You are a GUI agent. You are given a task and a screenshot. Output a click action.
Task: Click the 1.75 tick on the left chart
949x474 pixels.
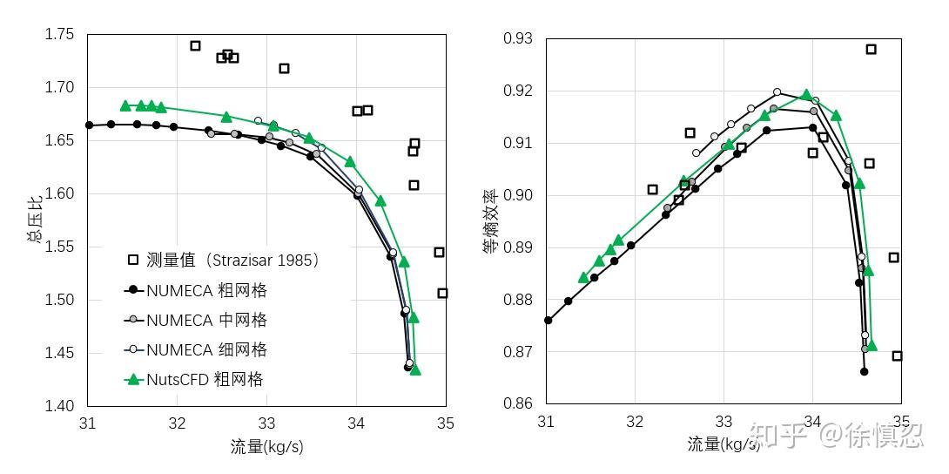click(x=60, y=35)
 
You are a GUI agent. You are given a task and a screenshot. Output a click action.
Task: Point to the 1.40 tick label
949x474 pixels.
click(x=60, y=406)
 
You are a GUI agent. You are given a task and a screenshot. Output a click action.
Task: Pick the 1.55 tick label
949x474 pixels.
click(x=60, y=247)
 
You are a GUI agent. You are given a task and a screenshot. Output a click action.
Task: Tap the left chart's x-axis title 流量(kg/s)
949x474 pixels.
click(x=267, y=447)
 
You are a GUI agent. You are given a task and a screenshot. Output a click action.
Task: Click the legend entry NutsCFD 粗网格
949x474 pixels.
click(x=205, y=379)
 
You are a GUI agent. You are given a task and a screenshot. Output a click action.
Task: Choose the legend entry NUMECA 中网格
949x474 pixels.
click(x=207, y=320)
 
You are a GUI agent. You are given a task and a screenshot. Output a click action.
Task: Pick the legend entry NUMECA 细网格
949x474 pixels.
click(x=207, y=349)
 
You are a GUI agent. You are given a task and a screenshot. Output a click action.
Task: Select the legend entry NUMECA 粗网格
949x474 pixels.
click(x=207, y=290)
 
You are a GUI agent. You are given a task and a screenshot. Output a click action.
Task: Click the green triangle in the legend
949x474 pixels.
click(x=133, y=379)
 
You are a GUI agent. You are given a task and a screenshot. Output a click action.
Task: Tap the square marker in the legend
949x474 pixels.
click(x=133, y=260)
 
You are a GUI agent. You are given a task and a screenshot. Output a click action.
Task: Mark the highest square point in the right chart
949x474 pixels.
click(x=871, y=50)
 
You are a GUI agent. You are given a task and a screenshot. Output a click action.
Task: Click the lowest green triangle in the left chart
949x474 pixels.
click(x=415, y=369)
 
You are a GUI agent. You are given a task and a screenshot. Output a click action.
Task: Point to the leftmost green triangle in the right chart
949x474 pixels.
click(x=583, y=277)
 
